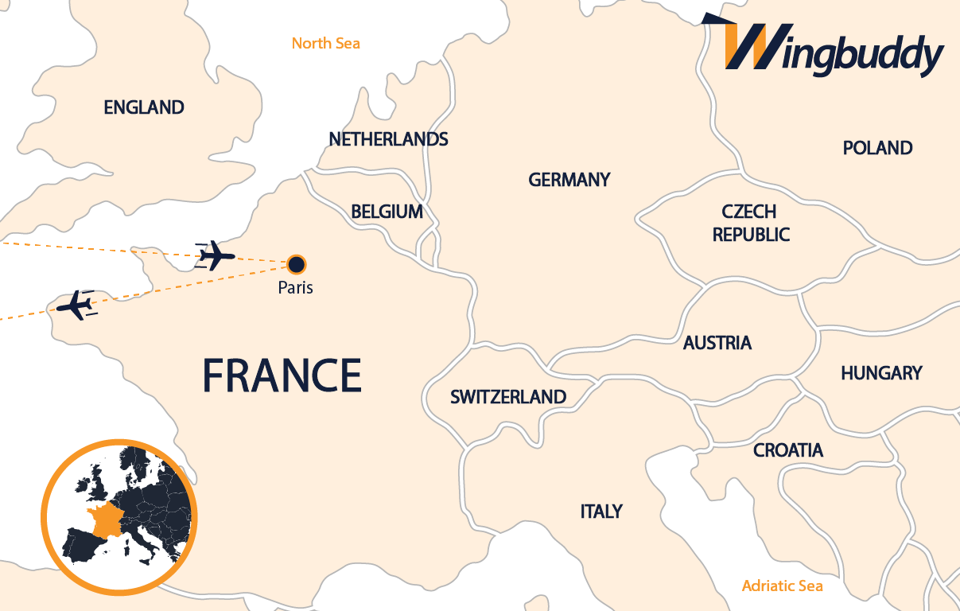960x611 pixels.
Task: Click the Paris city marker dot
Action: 296,264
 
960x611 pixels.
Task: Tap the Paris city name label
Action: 295,287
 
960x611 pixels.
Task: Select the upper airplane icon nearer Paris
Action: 216,256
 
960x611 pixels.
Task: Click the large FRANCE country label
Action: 282,375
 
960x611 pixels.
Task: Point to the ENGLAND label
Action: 144,107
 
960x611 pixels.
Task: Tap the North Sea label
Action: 325,43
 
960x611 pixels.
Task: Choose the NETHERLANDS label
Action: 388,140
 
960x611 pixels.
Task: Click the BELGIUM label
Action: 387,212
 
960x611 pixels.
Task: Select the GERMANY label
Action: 569,180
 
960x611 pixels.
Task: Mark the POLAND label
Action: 877,148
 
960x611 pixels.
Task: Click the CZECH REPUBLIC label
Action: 750,224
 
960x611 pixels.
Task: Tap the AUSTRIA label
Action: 717,343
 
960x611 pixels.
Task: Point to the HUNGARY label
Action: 881,373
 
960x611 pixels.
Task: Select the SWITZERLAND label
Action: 508,397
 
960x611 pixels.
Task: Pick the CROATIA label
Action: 788,450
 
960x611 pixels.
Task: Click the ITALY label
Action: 601,512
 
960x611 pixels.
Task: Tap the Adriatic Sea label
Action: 782,586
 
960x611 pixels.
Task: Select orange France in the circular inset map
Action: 106,520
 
